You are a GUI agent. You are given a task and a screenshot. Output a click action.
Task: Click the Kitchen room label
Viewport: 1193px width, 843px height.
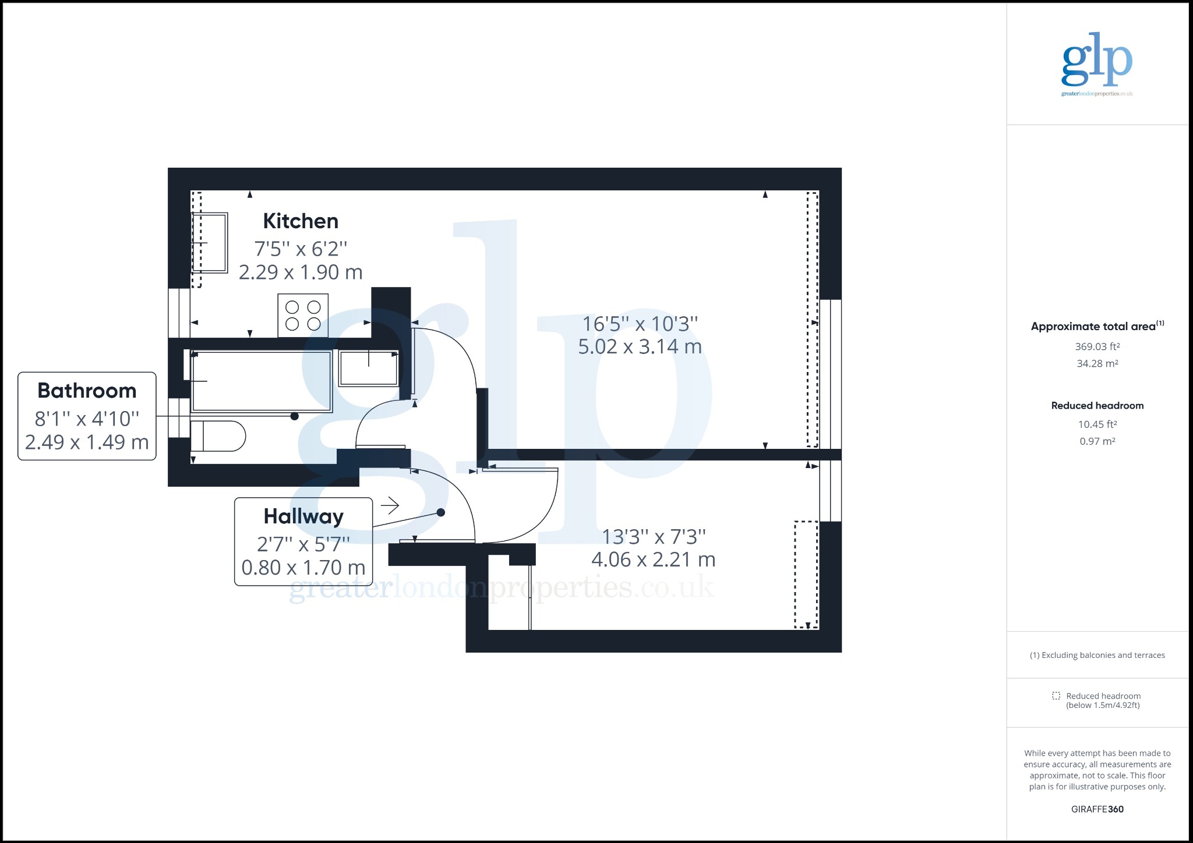[301, 221]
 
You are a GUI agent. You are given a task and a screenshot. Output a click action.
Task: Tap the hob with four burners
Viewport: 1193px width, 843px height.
[303, 316]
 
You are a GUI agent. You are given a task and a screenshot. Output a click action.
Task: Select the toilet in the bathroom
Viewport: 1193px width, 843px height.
[218, 436]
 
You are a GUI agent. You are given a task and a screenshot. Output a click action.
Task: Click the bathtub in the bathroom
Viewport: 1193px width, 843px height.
[262, 381]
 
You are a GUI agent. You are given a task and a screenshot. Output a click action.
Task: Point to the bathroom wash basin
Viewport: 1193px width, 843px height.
[369, 368]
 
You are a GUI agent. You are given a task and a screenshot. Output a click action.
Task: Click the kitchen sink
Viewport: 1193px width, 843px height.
[210, 242]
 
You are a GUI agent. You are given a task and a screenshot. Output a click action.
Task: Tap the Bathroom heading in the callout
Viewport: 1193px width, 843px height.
[87, 391]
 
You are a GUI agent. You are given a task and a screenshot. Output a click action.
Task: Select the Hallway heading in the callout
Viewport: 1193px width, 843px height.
[303, 516]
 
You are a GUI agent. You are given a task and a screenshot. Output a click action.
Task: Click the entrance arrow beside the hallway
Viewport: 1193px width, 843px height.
[390, 505]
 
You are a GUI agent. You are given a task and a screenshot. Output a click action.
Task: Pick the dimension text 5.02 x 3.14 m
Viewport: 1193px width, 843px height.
[640, 346]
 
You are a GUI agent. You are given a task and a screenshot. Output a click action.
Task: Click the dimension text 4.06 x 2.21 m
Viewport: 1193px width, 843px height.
[653, 559]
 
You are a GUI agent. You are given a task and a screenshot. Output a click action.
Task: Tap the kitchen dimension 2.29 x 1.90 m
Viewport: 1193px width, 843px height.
[301, 272]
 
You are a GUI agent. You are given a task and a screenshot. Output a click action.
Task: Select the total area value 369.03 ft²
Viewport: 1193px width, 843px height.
[1097, 346]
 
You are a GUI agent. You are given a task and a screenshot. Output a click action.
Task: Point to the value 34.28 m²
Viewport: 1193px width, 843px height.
[1097, 363]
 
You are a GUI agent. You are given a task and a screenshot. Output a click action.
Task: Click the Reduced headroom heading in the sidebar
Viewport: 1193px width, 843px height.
[1097, 406]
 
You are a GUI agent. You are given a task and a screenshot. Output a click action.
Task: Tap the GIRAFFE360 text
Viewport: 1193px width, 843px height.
[1097, 809]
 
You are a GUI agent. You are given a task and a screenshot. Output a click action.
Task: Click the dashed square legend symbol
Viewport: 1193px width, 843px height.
[1056, 696]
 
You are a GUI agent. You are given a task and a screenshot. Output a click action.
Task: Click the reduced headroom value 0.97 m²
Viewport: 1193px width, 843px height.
[1097, 441]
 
